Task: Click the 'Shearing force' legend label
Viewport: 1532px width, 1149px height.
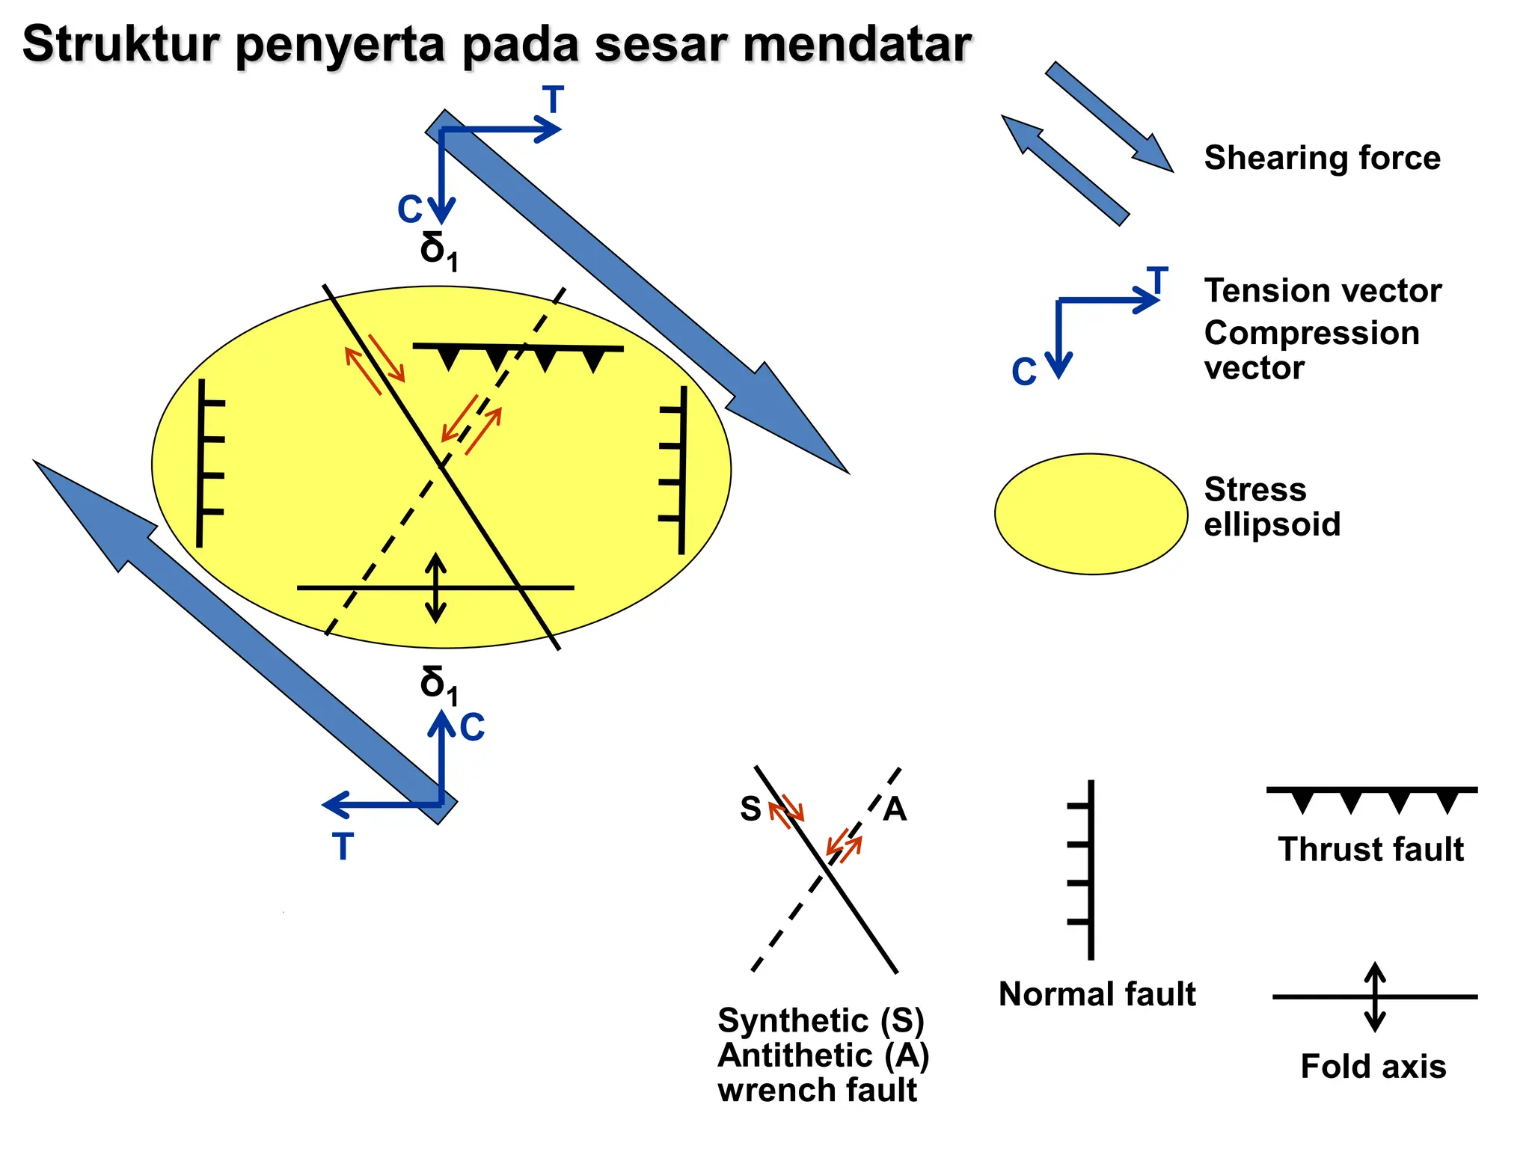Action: tap(1322, 158)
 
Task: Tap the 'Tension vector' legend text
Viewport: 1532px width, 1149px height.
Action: tap(1323, 290)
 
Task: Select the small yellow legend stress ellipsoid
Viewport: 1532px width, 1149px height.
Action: tap(1091, 514)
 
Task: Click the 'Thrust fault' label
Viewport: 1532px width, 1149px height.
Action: tap(1370, 849)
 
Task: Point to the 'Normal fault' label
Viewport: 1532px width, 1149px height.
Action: tap(1097, 994)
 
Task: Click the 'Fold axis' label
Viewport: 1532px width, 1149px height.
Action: tap(1373, 1066)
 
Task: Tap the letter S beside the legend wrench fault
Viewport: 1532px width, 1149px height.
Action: tap(750, 809)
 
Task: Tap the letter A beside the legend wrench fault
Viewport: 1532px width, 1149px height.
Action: tap(895, 809)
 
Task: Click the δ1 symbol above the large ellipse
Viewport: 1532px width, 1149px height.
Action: tap(438, 250)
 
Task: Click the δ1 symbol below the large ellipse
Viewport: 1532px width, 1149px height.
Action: tap(438, 684)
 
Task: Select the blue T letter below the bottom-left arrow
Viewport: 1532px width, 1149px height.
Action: tap(343, 847)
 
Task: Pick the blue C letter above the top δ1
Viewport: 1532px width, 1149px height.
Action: tap(410, 209)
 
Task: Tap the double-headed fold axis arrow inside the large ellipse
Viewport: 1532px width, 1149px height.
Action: tap(435, 588)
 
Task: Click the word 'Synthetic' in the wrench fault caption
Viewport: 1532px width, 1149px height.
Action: tap(792, 1020)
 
